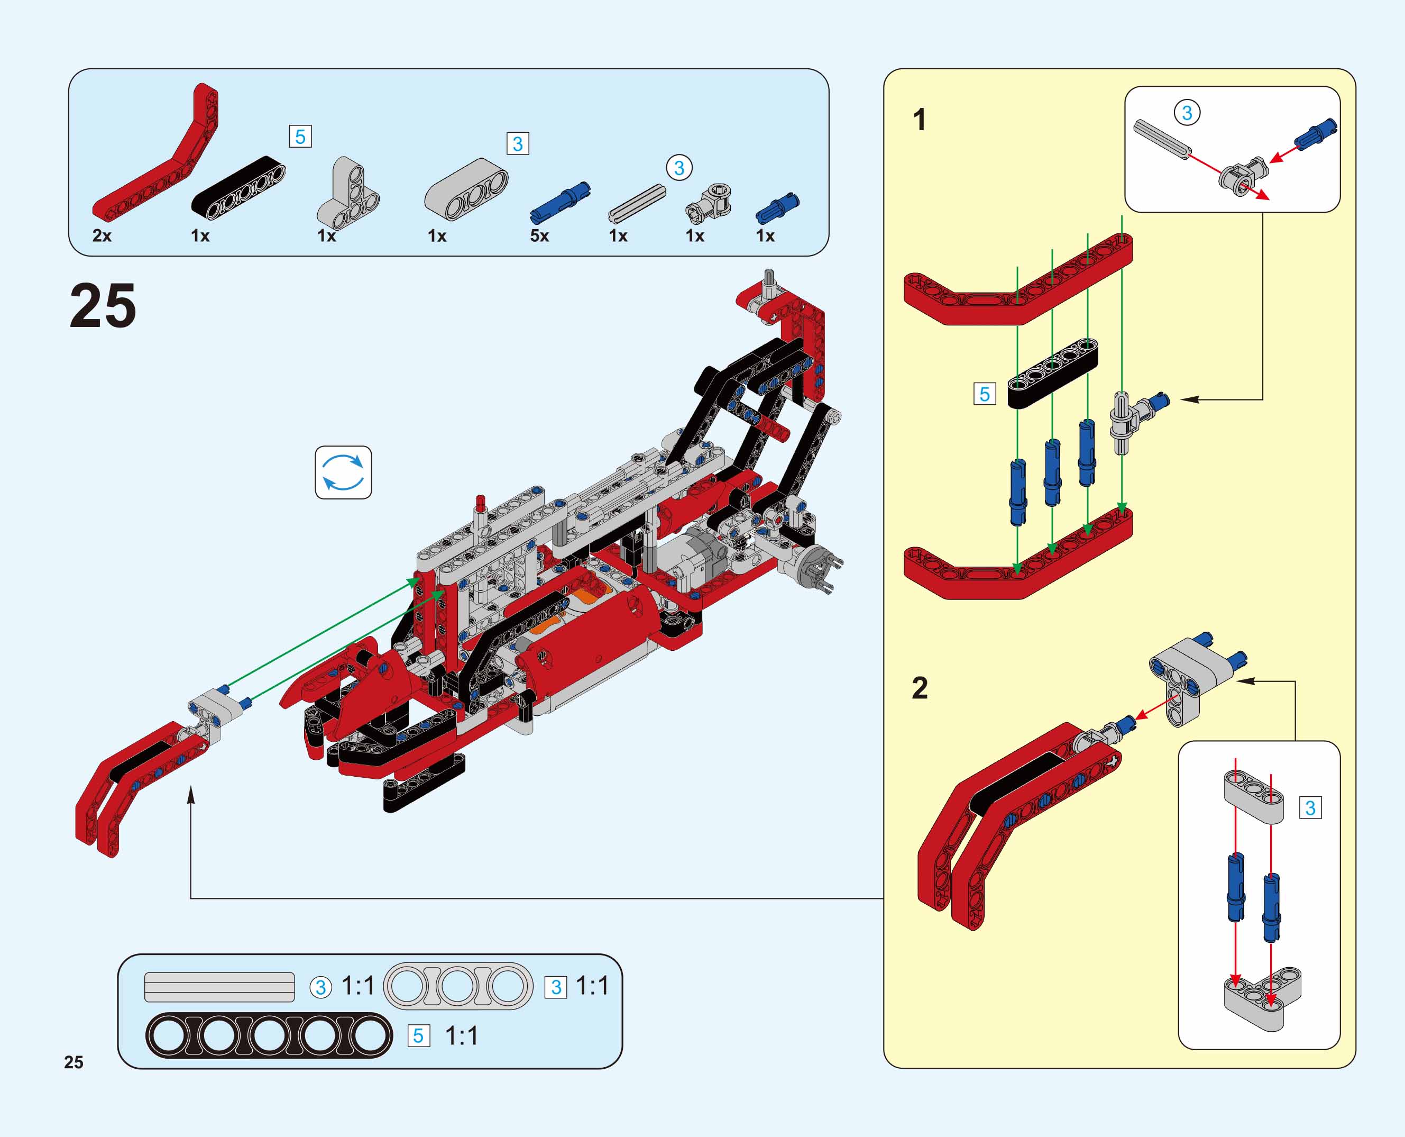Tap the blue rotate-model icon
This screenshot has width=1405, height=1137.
click(343, 472)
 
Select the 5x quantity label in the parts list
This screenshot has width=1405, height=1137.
click(539, 236)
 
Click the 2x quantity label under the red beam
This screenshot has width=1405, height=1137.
click(102, 236)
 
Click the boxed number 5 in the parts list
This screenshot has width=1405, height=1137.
click(300, 137)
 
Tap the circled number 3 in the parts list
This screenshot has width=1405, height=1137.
click(679, 168)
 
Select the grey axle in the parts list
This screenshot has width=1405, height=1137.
click(637, 204)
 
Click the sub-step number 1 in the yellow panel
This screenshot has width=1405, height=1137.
click(919, 120)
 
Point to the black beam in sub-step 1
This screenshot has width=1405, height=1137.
click(1052, 374)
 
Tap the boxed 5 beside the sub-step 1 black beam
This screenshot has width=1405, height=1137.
click(984, 394)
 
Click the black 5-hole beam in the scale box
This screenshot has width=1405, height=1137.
click(269, 1035)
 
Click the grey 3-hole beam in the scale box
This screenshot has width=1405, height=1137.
click(457, 986)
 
